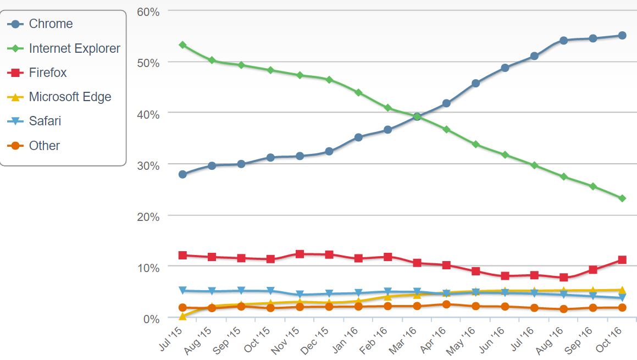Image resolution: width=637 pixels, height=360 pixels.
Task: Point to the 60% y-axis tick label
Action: pos(148,12)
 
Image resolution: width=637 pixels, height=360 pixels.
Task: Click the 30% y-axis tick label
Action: pos(148,165)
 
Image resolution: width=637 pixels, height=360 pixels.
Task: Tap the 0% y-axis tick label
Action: pos(151,319)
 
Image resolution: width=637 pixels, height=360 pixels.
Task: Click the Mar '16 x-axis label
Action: pos(405,340)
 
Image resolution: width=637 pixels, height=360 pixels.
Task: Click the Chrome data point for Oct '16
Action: pos(622,35)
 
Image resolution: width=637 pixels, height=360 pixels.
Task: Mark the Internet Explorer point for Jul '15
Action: pos(182,45)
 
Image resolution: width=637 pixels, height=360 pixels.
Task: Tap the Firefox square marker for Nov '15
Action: pos(300,254)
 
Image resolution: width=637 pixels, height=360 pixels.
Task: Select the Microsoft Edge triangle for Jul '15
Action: pos(182,316)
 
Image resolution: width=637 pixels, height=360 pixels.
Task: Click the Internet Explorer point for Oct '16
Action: pos(622,198)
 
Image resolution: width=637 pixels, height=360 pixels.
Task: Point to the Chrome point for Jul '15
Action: pos(182,174)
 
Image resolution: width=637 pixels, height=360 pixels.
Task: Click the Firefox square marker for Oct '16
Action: pos(622,259)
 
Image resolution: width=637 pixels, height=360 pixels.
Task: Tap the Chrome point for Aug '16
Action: pos(563,40)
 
